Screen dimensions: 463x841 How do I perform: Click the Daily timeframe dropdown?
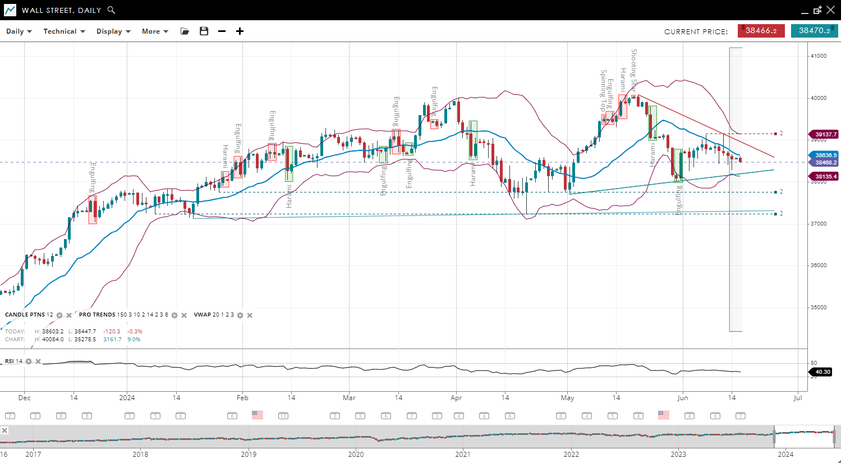(19, 31)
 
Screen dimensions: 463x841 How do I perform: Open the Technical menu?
(64, 31)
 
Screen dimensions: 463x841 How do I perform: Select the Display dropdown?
(113, 31)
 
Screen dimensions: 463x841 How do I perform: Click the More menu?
(154, 31)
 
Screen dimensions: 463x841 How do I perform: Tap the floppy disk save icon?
(204, 31)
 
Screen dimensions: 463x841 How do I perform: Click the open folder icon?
(185, 31)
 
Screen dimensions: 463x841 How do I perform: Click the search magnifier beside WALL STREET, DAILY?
(111, 10)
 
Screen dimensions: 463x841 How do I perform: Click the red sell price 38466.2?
(761, 31)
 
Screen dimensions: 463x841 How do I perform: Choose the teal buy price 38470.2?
(814, 31)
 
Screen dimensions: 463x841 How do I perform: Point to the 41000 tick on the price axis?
(819, 56)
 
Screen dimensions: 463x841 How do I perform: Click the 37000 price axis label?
(819, 224)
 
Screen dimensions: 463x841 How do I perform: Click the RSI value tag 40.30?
(822, 372)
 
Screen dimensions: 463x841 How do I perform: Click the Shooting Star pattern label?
(634, 70)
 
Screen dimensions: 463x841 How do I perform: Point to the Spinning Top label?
(603, 90)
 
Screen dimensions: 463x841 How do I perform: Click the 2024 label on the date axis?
(127, 398)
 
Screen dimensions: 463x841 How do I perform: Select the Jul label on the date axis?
(798, 398)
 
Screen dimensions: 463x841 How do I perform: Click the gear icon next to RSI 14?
(29, 361)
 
